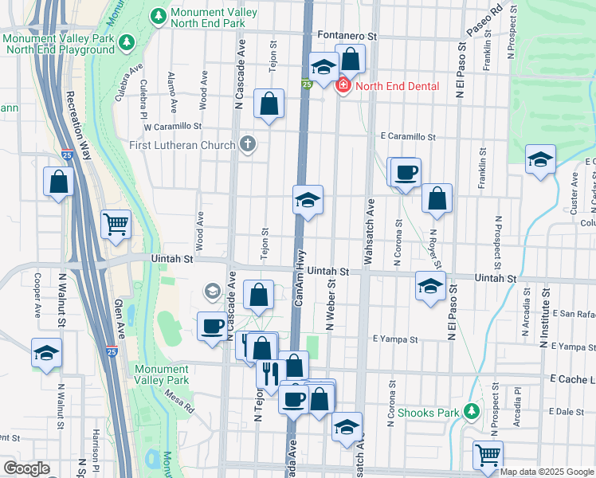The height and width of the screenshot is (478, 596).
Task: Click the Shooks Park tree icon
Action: tap(472, 411)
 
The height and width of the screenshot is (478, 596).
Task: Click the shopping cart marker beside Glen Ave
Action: tap(116, 225)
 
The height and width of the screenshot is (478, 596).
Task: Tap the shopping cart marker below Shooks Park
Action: tap(488, 456)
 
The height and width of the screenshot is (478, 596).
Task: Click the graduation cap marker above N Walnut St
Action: tap(46, 353)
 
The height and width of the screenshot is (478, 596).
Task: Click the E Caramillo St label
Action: tap(407, 137)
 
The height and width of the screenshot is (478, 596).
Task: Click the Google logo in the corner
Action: tap(26, 468)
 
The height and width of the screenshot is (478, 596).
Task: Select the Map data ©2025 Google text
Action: tap(547, 472)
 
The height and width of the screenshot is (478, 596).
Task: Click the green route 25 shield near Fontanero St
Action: tap(306, 84)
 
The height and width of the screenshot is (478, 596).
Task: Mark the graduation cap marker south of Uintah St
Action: tap(430, 286)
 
